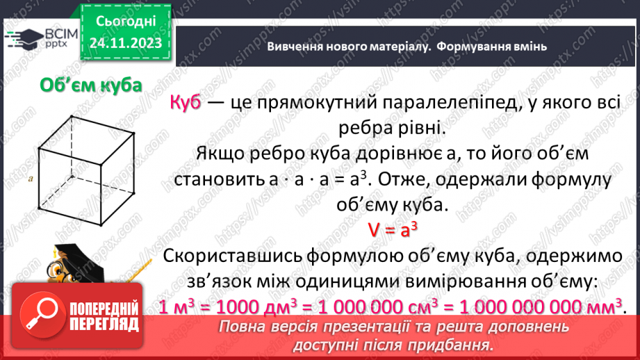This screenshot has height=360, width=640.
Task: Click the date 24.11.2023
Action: coord(126,43)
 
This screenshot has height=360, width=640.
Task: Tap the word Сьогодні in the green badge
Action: coord(126,22)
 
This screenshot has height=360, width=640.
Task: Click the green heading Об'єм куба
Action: coord(90,85)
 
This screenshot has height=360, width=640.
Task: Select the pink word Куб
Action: coord(186,102)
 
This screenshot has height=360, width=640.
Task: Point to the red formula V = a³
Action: coord(392,230)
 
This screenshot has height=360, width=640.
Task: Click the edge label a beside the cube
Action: coord(31,179)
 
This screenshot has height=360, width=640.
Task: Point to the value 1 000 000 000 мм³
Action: coord(541,306)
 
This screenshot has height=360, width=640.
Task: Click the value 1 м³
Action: coord(176,306)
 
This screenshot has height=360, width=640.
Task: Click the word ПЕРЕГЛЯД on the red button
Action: coord(104,325)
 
